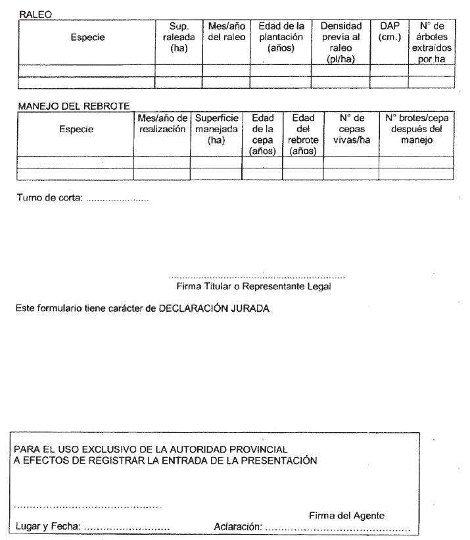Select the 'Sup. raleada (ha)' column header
click(179, 37)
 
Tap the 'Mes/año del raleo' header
click(226, 32)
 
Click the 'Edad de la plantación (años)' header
click(281, 37)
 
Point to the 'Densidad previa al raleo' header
click(341, 43)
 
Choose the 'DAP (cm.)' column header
click(389, 32)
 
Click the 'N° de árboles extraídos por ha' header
click(432, 43)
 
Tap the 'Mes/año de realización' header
click(162, 124)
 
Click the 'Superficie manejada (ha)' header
click(216, 129)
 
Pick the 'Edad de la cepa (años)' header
click(262, 134)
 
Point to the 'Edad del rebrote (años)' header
click(303, 134)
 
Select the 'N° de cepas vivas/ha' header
click(351, 129)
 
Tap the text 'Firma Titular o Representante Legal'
click(254, 286)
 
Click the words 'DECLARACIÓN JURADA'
click(214, 308)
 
